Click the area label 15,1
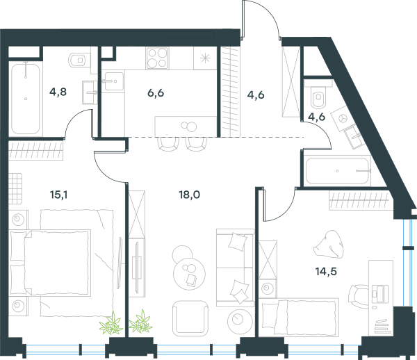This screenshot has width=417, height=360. click(x=58, y=195)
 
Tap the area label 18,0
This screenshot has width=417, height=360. click(x=189, y=195)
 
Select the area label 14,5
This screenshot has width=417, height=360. click(x=326, y=272)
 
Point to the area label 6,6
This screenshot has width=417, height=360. click(x=156, y=93)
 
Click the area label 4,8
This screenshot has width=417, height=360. click(x=58, y=92)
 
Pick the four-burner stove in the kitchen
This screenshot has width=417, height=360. click(x=157, y=58)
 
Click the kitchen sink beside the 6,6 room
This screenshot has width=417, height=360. click(x=113, y=81)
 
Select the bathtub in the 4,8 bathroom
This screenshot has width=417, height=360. click(x=26, y=99)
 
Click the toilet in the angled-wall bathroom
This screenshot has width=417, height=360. click(x=318, y=95)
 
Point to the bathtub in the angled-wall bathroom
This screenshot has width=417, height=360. click(x=338, y=171)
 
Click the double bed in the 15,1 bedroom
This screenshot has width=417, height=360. click(x=51, y=263)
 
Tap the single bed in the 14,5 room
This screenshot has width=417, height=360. click(x=299, y=317)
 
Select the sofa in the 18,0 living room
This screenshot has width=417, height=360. click(x=235, y=267)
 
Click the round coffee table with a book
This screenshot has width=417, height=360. click(x=189, y=273)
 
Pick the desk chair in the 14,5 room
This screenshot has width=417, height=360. click(x=358, y=296)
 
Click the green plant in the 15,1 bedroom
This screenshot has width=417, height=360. click(x=111, y=323)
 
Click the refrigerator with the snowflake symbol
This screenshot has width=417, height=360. click(x=205, y=58)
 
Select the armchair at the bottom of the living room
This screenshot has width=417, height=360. click(x=190, y=318)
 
